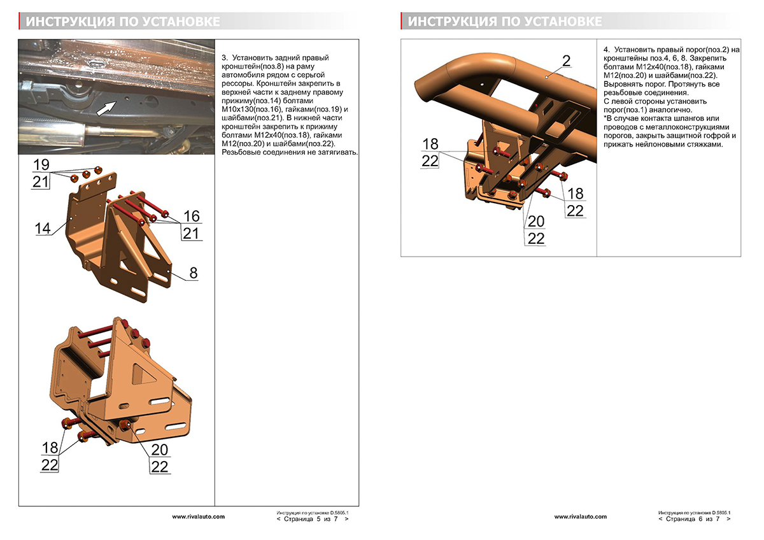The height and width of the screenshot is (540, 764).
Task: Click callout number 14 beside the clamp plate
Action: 43,228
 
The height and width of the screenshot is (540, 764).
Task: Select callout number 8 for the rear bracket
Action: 194,273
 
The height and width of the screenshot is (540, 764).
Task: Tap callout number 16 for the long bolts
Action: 191,216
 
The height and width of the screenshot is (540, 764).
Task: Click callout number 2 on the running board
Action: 566,60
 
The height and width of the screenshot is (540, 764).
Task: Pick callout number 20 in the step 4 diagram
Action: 537,221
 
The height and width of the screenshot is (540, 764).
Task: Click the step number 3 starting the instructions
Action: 223,58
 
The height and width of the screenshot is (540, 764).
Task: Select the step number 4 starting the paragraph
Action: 605,49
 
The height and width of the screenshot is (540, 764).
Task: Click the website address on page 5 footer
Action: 198,516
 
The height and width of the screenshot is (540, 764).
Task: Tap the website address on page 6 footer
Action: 580,516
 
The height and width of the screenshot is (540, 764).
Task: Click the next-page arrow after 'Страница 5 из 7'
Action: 346,519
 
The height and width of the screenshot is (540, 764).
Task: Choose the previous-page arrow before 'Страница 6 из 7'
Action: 661,519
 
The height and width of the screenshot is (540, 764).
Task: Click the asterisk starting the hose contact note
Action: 605,118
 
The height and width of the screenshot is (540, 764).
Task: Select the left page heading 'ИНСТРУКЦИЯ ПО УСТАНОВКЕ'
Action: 124,22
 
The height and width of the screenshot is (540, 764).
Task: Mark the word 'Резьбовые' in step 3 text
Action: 243,153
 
